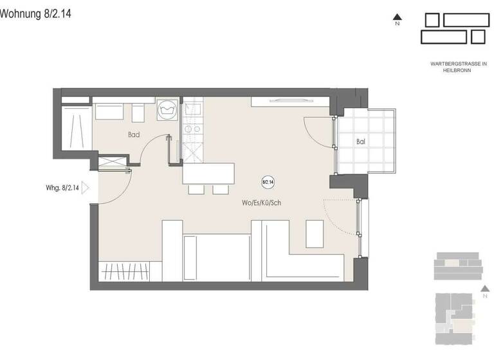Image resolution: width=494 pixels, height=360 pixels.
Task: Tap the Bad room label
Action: pos(134,135)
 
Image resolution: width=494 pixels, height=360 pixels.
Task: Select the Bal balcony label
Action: pos(361,141)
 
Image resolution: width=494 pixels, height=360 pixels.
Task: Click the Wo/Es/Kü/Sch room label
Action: pos(261,203)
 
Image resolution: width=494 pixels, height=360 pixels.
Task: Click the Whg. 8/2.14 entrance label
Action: pos(62,188)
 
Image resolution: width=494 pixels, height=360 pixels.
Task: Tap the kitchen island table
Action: pos(208,174)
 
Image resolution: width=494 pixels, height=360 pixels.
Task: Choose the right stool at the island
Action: pos(221,190)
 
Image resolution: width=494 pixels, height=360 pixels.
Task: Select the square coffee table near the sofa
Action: pos(315,233)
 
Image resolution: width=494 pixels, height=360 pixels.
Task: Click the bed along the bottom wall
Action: pos(216,257)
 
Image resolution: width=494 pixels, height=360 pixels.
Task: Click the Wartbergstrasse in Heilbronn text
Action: pos(459,67)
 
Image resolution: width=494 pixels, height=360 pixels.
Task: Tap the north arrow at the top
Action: pos(398,19)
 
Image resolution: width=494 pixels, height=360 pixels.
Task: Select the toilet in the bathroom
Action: pos(138,113)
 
